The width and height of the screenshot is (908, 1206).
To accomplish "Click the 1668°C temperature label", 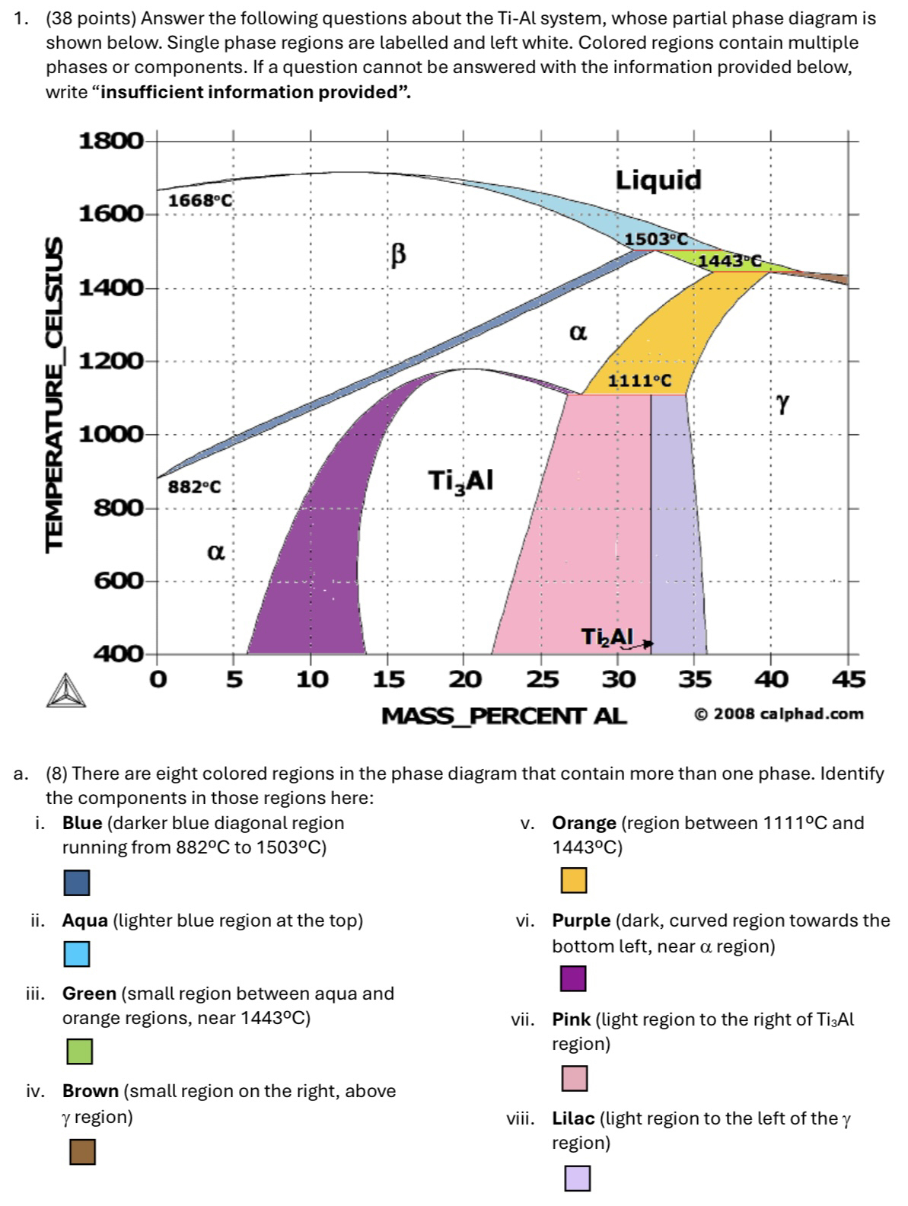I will pos(199,201).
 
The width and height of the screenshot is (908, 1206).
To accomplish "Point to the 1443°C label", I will pos(729,261).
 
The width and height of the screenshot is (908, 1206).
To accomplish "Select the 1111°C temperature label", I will pos(639,381).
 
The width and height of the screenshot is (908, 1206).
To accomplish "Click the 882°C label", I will pos(194,487).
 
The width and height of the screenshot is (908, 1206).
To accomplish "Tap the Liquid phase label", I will pos(658,180).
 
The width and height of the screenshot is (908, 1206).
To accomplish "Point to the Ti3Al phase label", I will pos(460,481).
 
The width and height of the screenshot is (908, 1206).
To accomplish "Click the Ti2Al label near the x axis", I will pos(607,636).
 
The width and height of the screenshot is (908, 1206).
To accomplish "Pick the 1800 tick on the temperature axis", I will pos(111,142).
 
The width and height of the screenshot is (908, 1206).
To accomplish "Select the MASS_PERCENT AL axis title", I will pos(504,716).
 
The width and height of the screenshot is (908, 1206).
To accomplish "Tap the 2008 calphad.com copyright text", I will pos(779,714).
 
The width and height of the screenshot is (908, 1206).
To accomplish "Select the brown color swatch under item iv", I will pos(82,1152).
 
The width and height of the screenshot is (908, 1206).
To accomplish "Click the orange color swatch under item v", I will pos(574,881).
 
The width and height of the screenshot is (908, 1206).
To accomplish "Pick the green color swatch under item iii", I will pos(79,1051).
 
